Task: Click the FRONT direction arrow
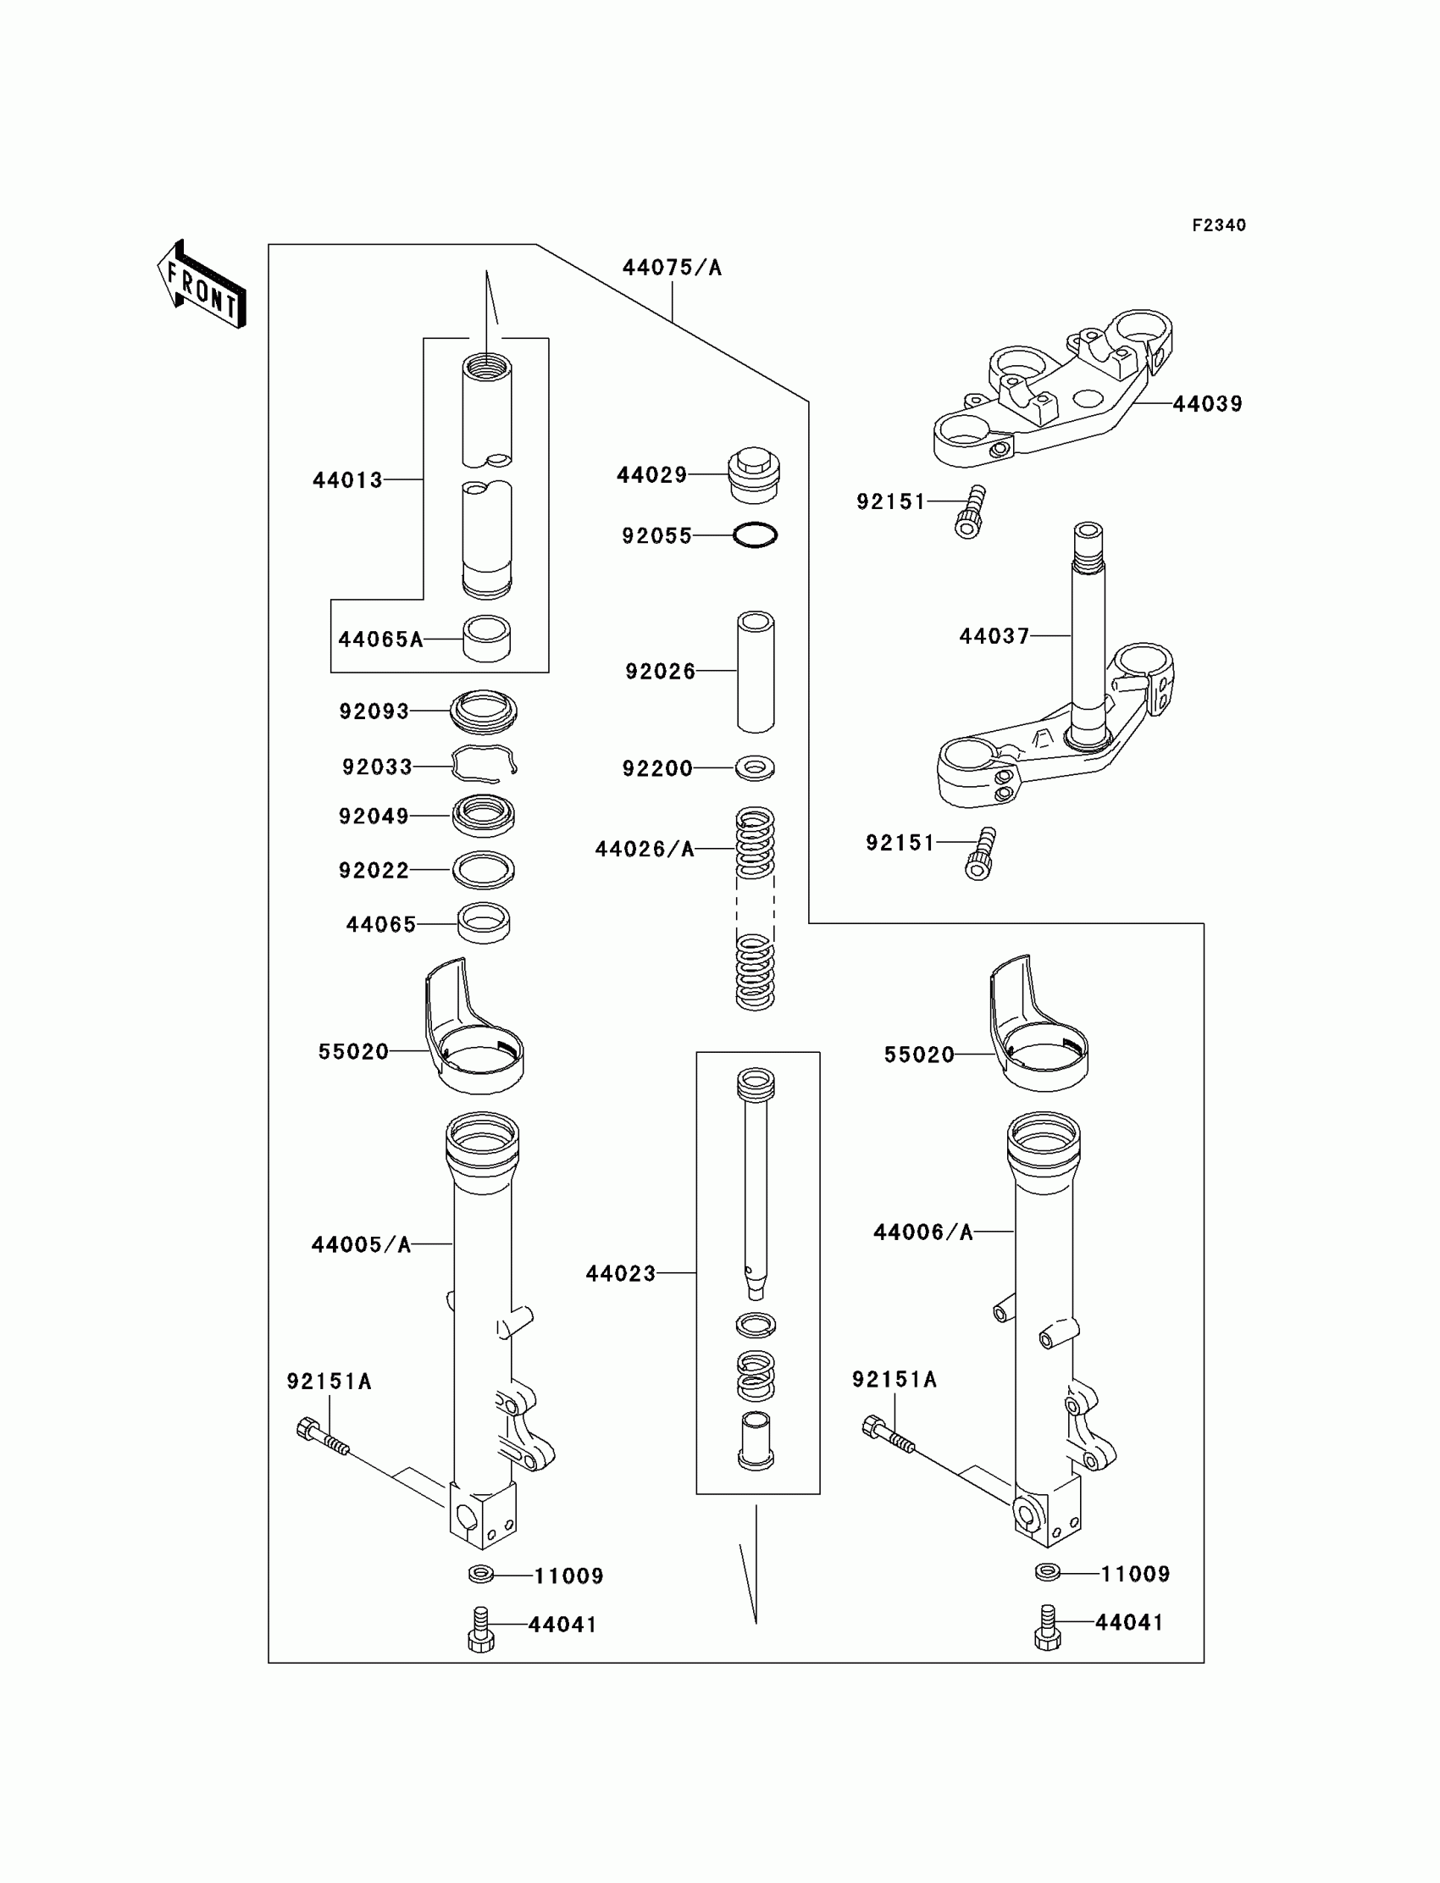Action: tap(202, 285)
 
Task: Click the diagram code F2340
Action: tap(1218, 225)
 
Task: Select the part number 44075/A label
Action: tap(672, 269)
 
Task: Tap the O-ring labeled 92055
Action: tap(755, 535)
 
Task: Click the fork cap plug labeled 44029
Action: tap(753, 474)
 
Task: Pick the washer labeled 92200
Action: tap(755, 767)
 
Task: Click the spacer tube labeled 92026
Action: tap(755, 671)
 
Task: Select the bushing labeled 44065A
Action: tap(486, 639)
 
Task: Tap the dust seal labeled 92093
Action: tap(485, 711)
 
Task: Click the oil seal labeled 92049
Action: tap(485, 815)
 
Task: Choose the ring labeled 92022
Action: tap(485, 870)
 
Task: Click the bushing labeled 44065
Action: tap(485, 924)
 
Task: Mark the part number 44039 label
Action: tap(1207, 404)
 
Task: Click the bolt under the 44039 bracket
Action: tap(970, 512)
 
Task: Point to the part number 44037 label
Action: tap(994, 636)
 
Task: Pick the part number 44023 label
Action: tap(621, 1274)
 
